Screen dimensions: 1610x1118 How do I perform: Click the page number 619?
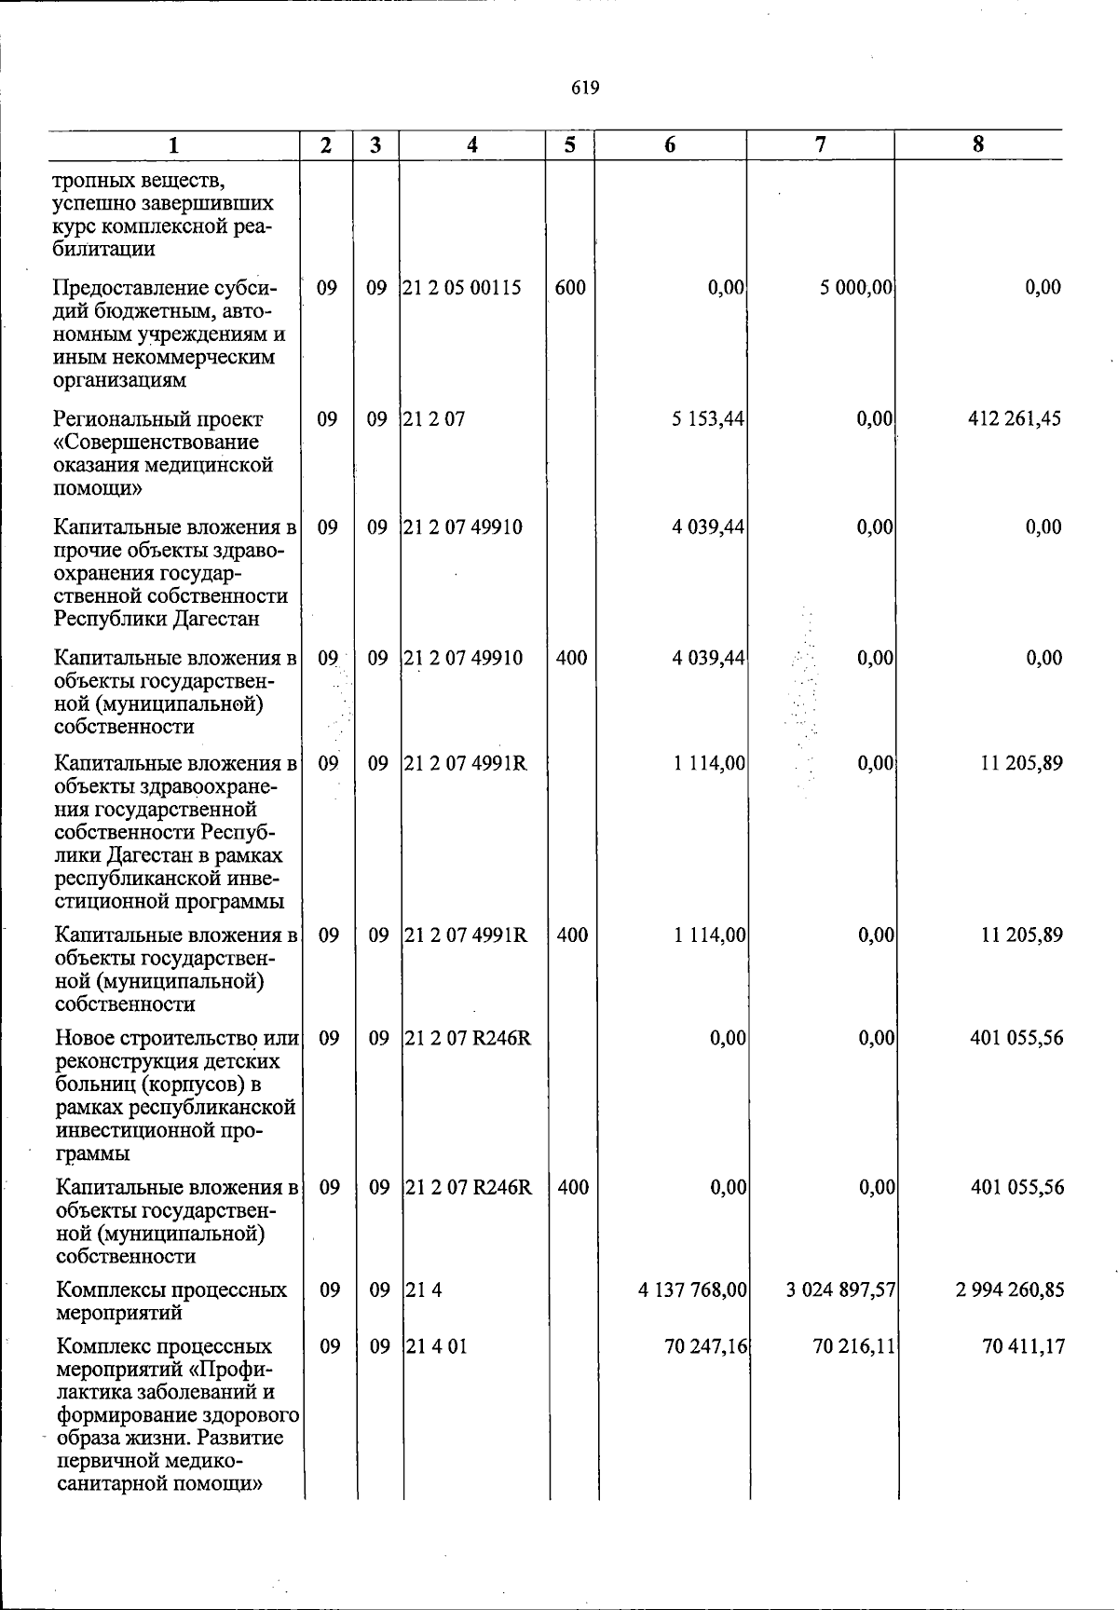point(585,89)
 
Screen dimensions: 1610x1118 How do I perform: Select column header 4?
point(472,144)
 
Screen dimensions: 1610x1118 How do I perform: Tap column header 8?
point(977,144)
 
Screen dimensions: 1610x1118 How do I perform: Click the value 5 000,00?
point(857,288)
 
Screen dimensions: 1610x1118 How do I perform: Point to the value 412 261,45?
point(1015,419)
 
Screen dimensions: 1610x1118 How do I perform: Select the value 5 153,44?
point(708,419)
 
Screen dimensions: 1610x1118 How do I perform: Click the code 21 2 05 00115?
point(462,288)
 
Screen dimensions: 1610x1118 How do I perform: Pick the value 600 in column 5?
point(570,288)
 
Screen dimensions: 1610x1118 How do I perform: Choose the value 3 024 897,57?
point(841,1290)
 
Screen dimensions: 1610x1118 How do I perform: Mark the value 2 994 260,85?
point(1010,1290)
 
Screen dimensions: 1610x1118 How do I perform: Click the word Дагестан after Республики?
point(213,620)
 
